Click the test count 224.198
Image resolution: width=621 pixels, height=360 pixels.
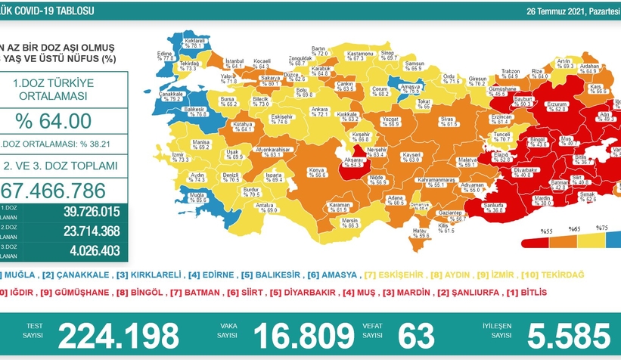(x=119, y=334)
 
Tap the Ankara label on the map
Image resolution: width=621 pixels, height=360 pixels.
(x=319, y=111)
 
